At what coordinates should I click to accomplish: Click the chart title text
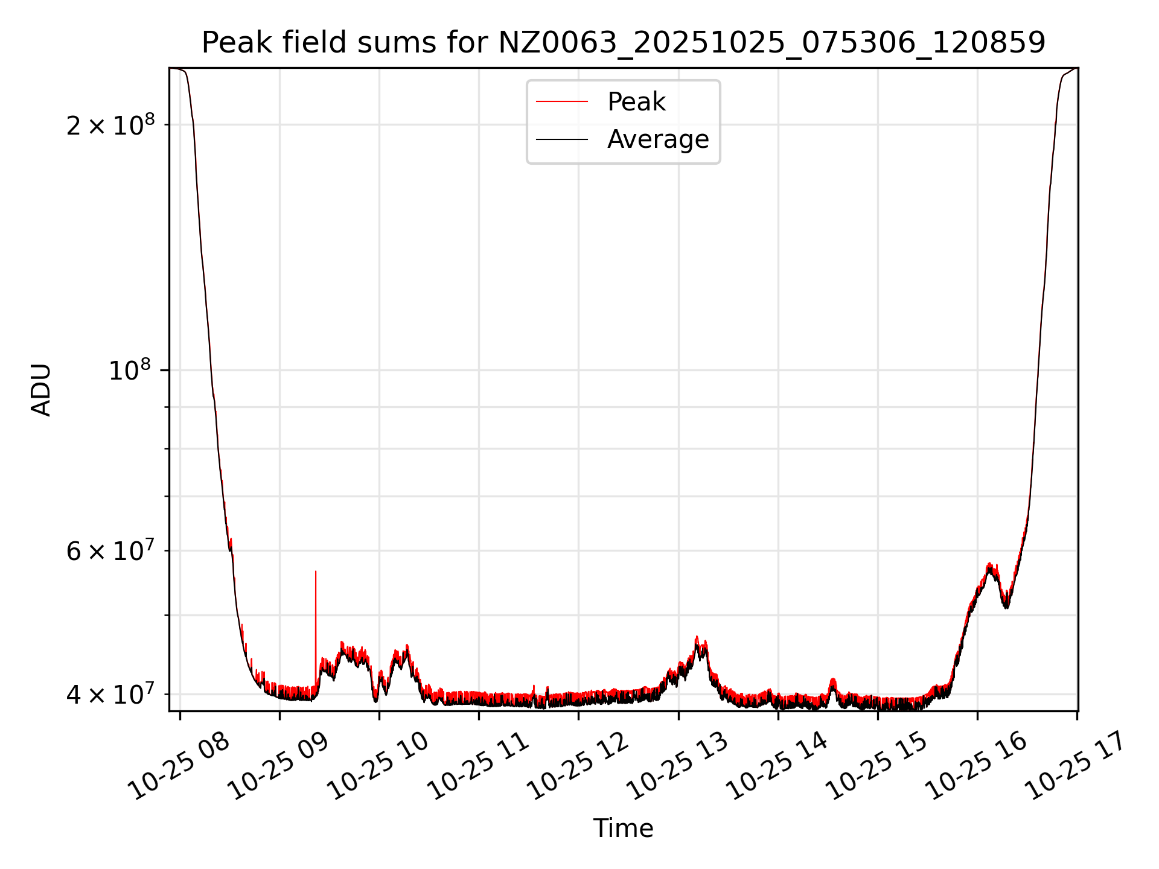[x=623, y=43]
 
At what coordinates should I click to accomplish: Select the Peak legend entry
[x=636, y=102]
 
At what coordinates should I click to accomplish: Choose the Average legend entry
[x=657, y=139]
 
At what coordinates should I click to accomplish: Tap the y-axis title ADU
[x=41, y=390]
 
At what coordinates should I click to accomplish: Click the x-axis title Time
[x=623, y=829]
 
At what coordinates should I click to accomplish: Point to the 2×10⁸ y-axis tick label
[x=110, y=125]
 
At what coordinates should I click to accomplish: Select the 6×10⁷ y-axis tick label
[x=110, y=550]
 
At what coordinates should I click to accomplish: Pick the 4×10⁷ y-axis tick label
[x=110, y=694]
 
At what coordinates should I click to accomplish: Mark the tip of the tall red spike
[x=316, y=571]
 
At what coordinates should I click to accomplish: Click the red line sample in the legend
[x=561, y=102]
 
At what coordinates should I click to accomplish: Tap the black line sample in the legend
[x=561, y=139]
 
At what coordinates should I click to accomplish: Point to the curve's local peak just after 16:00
[x=989, y=565]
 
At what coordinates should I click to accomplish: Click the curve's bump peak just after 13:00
[x=697, y=637]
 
